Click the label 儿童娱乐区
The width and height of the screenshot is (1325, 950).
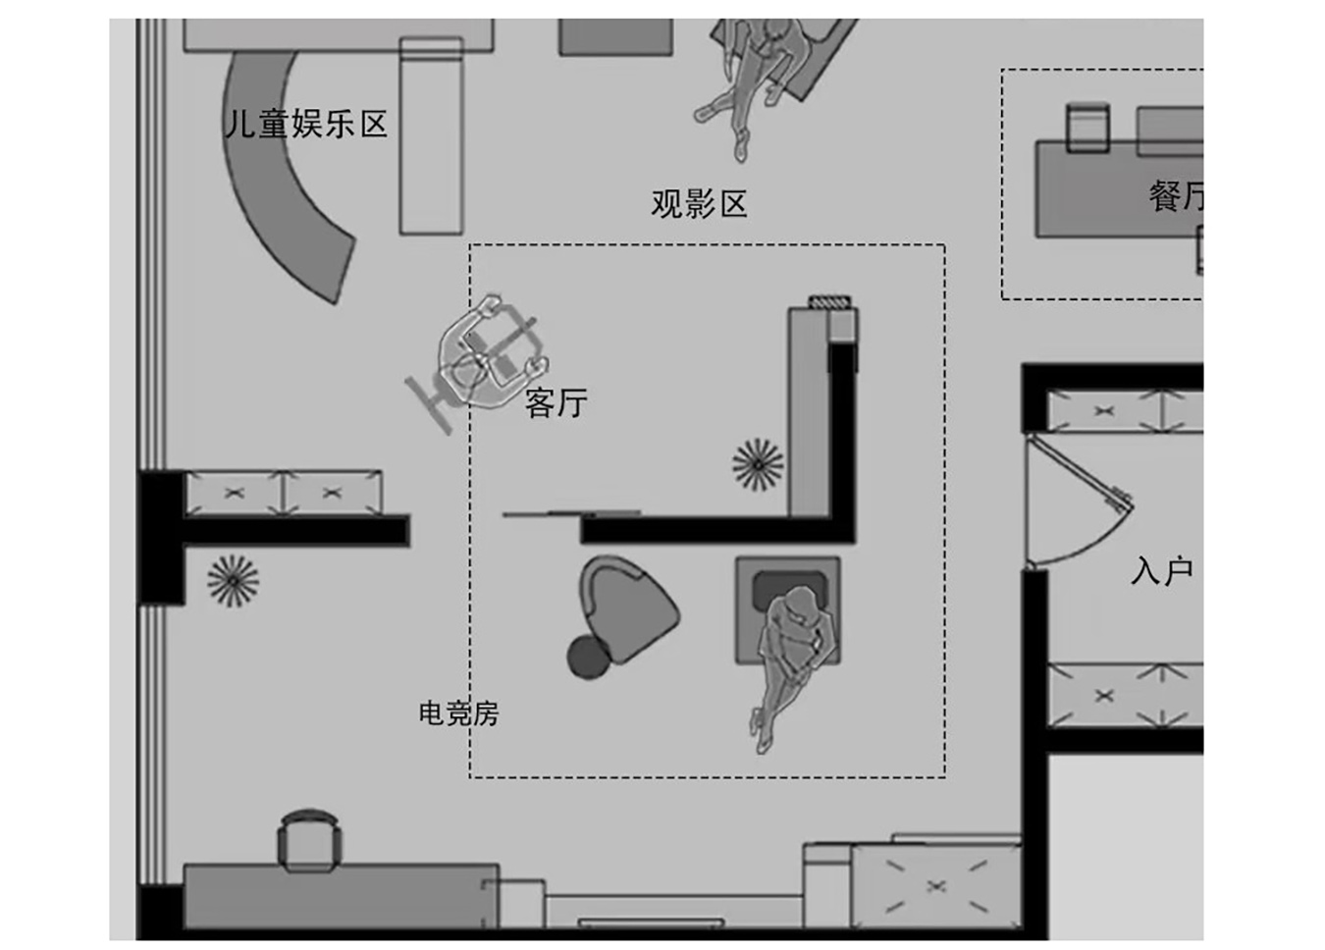306,125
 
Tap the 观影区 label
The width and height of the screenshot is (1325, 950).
699,204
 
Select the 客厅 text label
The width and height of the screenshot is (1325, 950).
556,402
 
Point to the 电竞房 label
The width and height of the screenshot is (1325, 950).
458,712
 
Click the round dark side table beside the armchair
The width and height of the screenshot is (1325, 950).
588,657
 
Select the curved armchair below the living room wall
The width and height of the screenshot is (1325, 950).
629,608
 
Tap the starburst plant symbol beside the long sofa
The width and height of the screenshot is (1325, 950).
758,464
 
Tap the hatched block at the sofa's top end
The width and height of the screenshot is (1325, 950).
830,302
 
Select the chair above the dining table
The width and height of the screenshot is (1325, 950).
1087,128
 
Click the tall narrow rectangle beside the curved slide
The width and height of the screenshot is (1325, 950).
431,137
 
